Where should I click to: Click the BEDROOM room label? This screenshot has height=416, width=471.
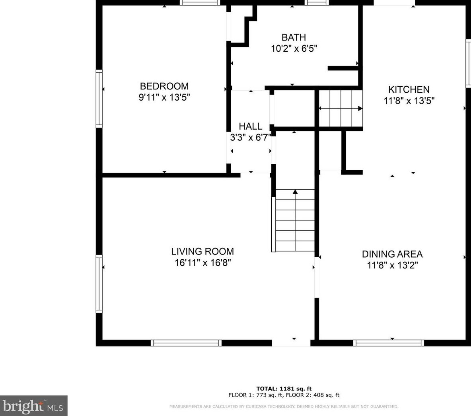point(164,86)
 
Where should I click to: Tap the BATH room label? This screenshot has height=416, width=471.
point(294,37)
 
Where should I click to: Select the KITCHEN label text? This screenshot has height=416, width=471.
point(409,89)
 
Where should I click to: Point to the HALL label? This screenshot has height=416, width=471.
point(251,126)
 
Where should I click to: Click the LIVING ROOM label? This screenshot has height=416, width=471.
point(202,251)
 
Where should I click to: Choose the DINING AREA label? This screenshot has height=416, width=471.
point(392,254)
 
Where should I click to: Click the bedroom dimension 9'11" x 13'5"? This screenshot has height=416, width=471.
point(164,97)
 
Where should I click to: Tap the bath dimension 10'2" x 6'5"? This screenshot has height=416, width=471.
point(294,49)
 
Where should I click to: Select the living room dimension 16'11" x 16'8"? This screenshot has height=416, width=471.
point(203,263)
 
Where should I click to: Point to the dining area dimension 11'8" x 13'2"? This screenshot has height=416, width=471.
point(393,265)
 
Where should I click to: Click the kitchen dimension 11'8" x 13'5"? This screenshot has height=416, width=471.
point(409,101)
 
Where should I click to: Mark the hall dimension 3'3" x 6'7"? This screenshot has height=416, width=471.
point(251,138)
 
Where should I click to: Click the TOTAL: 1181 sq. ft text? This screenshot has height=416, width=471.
point(284,389)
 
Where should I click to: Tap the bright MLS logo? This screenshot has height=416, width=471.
point(34,406)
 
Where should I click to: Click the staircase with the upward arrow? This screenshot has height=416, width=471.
point(295,220)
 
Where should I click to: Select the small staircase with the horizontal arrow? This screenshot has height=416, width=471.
point(341,109)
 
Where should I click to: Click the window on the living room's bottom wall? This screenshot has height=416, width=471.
point(186,343)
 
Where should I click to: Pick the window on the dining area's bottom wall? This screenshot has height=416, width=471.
point(389,343)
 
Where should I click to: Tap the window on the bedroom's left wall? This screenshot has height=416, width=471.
point(99,99)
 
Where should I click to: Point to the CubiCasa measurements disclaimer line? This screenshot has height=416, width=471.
point(284,407)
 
